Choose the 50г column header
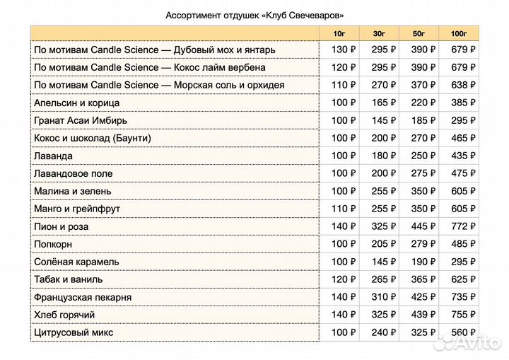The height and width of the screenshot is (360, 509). point(419,33)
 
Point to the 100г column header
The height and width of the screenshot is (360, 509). point(459,33)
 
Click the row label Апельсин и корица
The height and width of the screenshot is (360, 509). point(77,103)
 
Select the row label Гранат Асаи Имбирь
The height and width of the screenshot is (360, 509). point(82,120)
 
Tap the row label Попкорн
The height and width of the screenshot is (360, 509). point(54,244)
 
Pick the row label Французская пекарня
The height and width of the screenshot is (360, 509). point(83,297)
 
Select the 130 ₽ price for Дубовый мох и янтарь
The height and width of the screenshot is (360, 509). point(344,50)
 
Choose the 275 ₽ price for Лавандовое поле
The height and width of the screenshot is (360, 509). point(423,173)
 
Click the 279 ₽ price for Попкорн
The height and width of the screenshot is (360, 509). point(423,244)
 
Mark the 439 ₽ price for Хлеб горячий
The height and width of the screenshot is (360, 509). point(423,315)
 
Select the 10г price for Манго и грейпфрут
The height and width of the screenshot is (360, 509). point(344,209)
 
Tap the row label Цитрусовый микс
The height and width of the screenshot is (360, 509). point(74,332)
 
